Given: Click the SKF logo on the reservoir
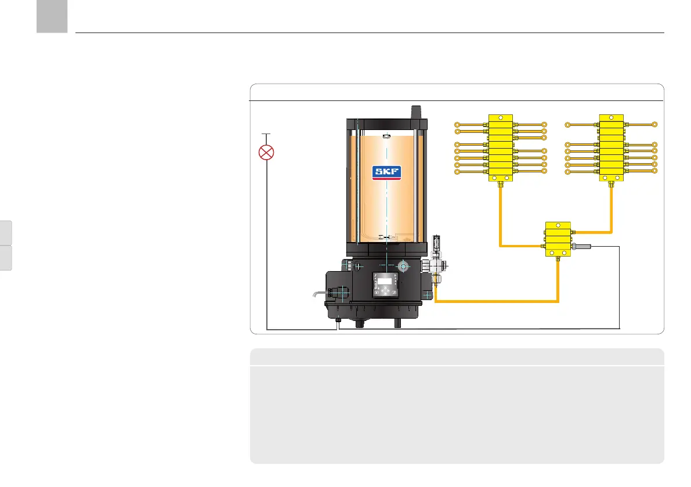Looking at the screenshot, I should pyautogui.click(x=386, y=172).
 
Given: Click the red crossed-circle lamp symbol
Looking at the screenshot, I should pyautogui.click(x=266, y=153).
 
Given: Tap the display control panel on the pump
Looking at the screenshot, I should pyautogui.click(x=386, y=284).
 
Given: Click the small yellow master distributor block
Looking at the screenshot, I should pyautogui.click(x=557, y=239).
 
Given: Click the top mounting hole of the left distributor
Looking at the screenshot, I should pyautogui.click(x=500, y=117).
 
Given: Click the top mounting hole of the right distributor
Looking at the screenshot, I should pyautogui.click(x=611, y=117).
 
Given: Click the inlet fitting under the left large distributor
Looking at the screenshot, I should pyautogui.click(x=500, y=186).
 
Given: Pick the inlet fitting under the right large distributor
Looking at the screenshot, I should pyautogui.click(x=611, y=186).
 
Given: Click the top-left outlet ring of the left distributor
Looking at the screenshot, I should pyautogui.click(x=457, y=124).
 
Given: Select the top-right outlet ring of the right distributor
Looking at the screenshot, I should pyautogui.click(x=654, y=124).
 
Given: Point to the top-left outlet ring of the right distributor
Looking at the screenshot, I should pyautogui.click(x=568, y=124).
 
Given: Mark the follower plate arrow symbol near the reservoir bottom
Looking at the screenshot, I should pyautogui.click(x=386, y=237).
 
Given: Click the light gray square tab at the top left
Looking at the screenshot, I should pyautogui.click(x=51, y=16).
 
